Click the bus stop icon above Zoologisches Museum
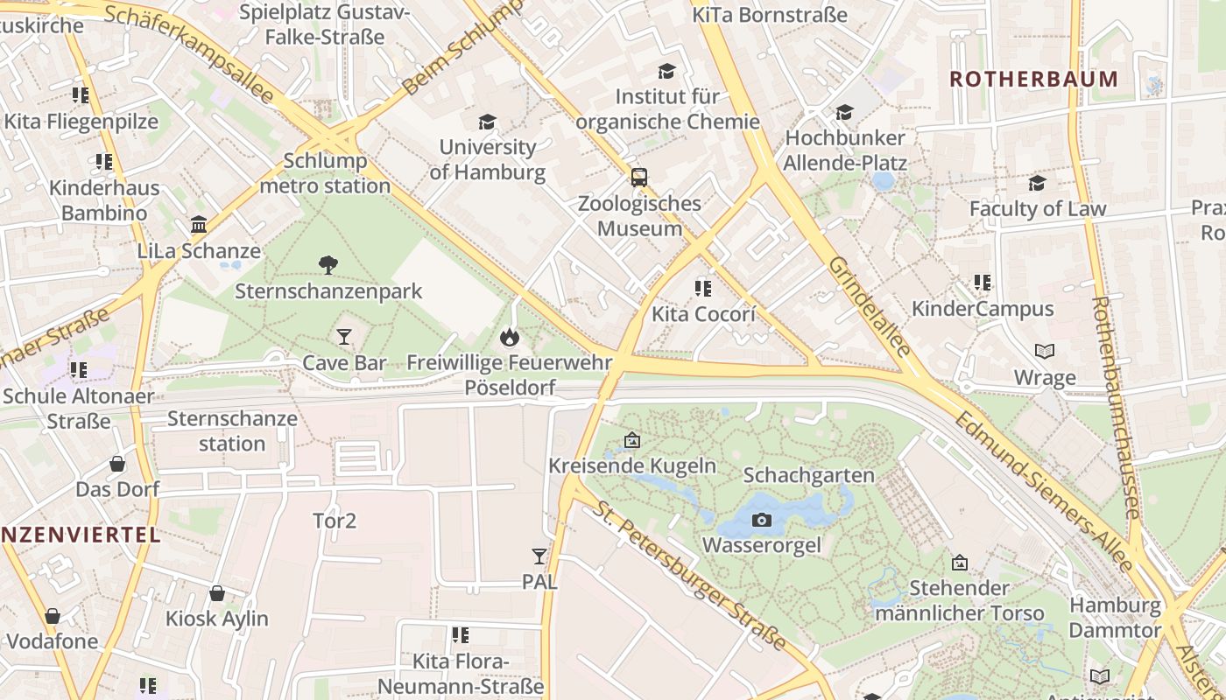[x=639, y=178]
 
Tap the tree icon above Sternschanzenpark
[x=328, y=264]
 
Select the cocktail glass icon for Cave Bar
[x=343, y=336]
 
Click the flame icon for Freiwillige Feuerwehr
[x=509, y=336]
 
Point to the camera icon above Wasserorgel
[x=762, y=520]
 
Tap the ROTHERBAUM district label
[x=1034, y=79]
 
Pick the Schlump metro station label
[x=326, y=173]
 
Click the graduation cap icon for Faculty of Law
[x=1037, y=183]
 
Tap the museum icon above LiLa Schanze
[x=199, y=225]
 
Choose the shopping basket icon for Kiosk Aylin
[x=217, y=593]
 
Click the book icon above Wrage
[x=1045, y=352]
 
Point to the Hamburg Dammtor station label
[x=1115, y=617]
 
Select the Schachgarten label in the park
[x=808, y=475]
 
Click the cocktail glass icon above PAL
[x=539, y=556]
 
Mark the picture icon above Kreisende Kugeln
[x=631, y=440]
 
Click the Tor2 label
[x=335, y=521]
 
